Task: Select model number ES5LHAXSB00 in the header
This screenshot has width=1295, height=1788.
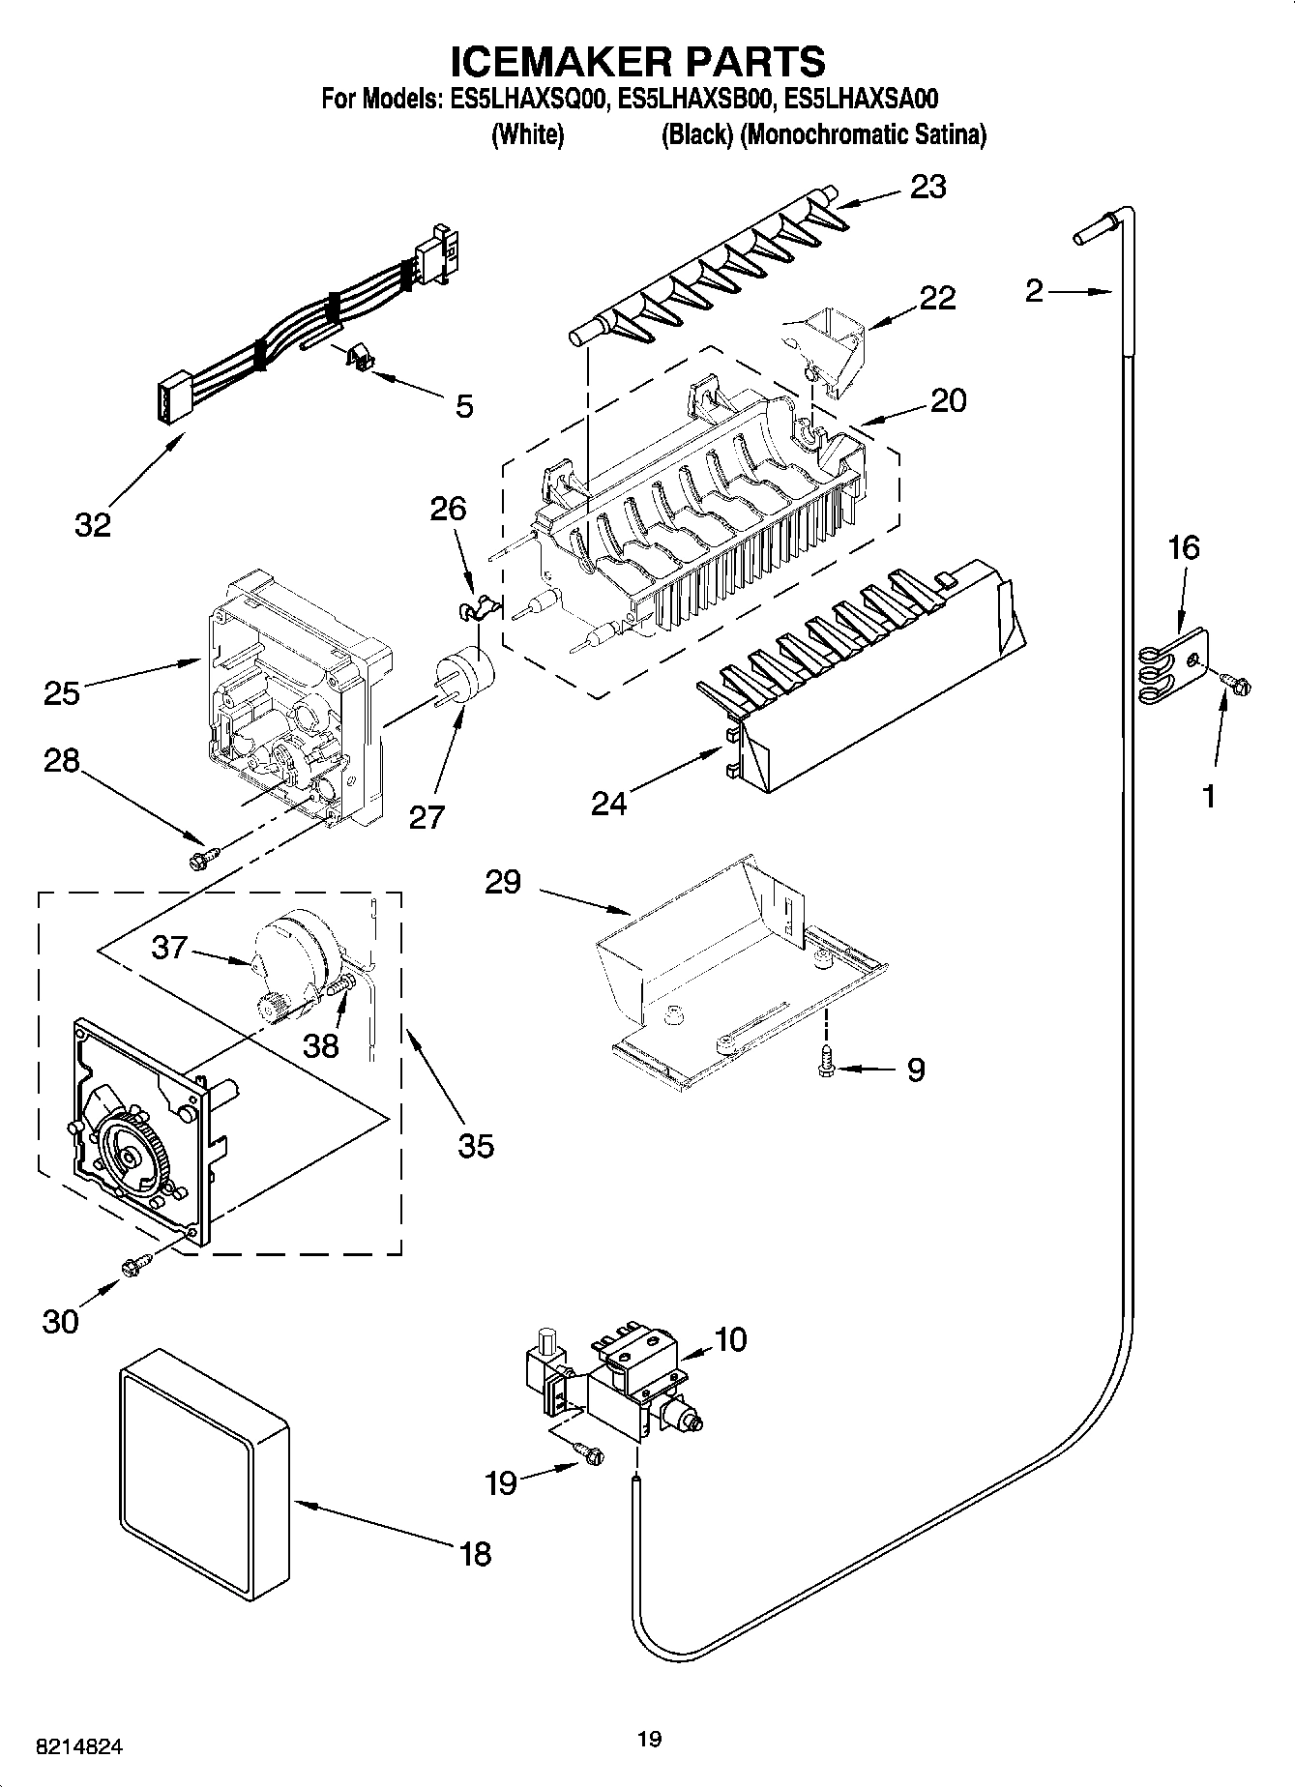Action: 695,99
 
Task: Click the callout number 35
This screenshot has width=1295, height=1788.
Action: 476,1146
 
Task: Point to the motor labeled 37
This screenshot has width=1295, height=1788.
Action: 290,953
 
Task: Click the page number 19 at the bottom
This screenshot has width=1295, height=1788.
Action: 649,1740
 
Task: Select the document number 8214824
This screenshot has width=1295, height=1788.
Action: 78,1747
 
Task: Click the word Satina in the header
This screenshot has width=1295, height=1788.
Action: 952,135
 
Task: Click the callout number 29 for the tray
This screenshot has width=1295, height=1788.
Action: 503,881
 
